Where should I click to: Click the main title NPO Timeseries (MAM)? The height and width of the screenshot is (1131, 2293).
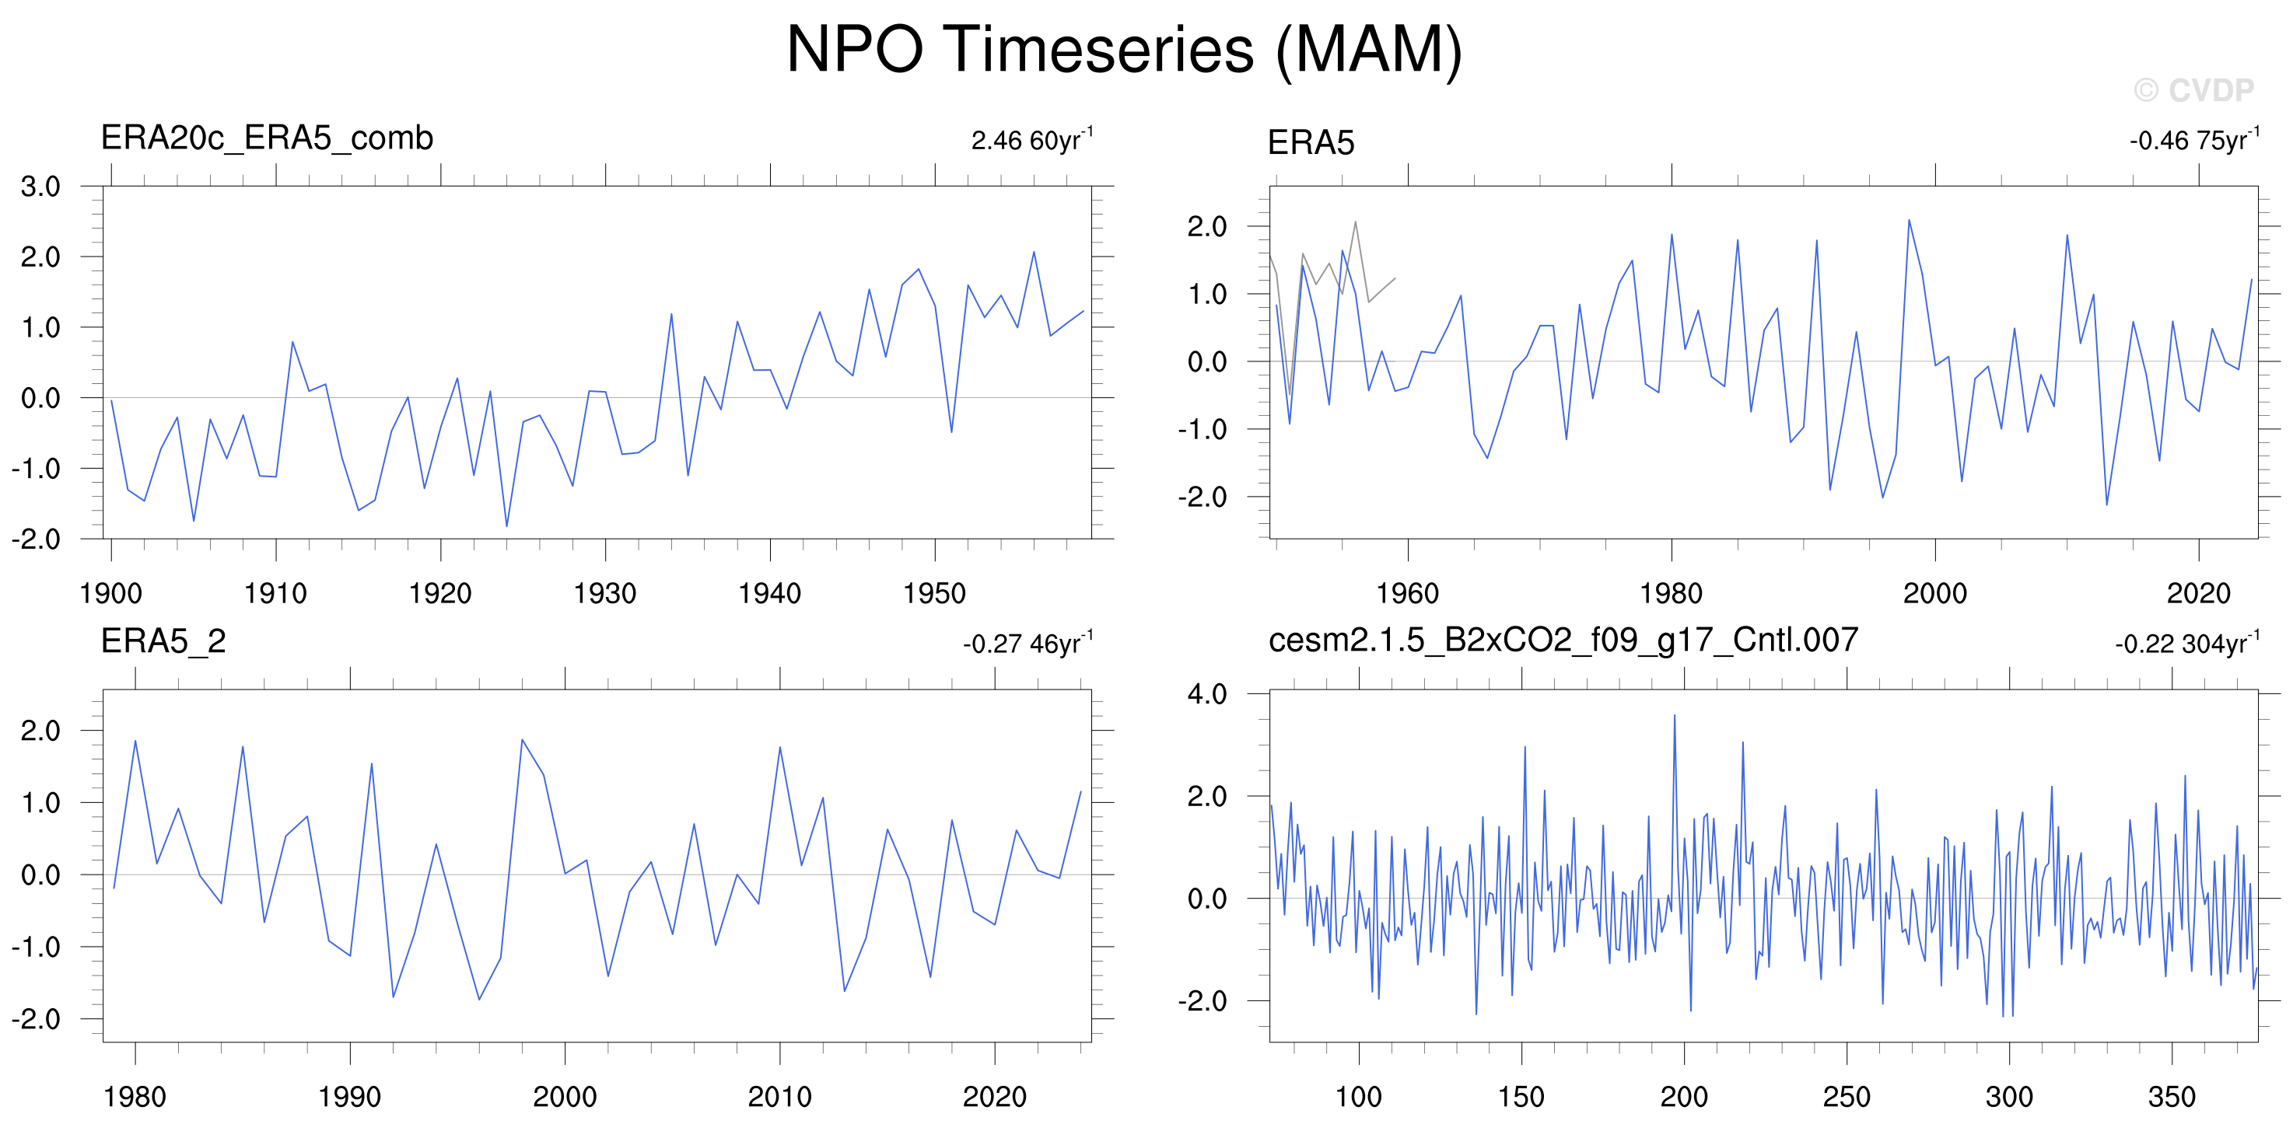[1124, 50]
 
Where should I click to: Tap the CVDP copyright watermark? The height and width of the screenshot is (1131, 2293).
[2193, 90]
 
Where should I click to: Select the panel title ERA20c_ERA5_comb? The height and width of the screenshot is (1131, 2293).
[267, 138]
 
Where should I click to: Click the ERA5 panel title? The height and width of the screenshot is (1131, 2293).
[1311, 142]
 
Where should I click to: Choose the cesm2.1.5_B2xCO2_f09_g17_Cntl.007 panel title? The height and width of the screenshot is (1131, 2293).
[1563, 640]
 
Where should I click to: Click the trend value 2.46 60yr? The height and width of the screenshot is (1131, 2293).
[1031, 140]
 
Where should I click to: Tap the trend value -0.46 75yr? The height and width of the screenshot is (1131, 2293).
[2194, 140]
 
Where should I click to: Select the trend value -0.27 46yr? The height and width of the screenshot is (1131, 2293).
[1027, 643]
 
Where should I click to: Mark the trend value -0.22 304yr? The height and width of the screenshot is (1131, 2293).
[2187, 643]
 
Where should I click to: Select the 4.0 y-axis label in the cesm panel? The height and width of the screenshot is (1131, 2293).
[1207, 694]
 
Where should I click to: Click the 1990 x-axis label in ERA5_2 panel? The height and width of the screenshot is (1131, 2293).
[350, 1096]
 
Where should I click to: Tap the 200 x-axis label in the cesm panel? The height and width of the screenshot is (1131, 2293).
[1683, 1096]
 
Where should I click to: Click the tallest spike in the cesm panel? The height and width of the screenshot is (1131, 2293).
[1675, 715]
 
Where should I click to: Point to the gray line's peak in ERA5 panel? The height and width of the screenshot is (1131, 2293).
[1355, 222]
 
